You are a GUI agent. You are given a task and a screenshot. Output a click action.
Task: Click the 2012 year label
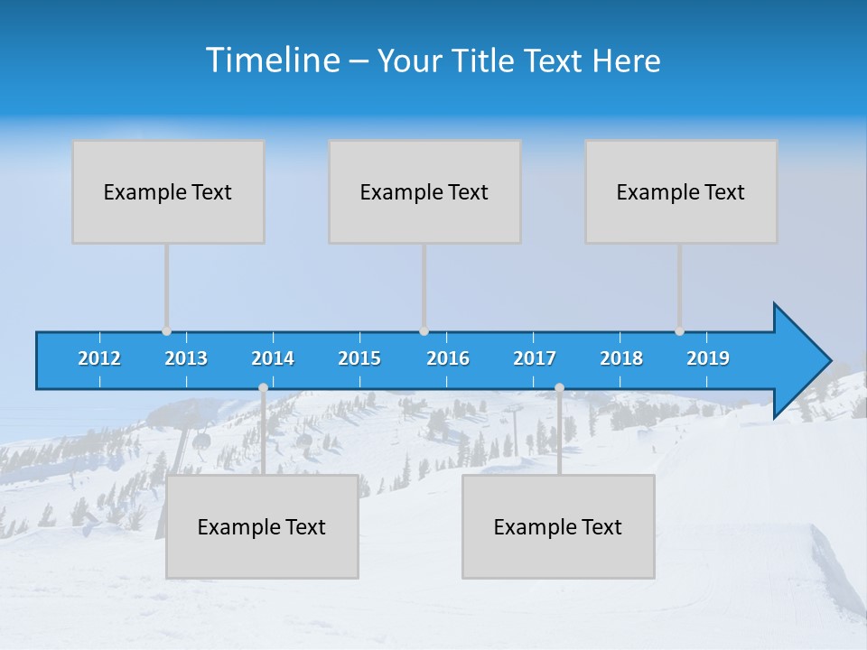coord(99,358)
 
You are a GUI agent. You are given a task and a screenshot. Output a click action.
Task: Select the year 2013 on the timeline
coord(186,358)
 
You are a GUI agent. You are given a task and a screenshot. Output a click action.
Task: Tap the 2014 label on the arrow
coord(273,358)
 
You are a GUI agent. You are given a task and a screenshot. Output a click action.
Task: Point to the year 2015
coord(359,358)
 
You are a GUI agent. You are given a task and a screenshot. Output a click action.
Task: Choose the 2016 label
coord(448,358)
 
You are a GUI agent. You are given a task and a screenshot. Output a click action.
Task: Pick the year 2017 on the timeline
coord(535,358)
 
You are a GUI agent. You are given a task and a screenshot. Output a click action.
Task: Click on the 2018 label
coord(621,358)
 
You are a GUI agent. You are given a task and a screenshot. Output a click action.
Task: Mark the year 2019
coord(708,358)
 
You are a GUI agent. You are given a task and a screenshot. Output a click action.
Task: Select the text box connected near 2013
coord(168,191)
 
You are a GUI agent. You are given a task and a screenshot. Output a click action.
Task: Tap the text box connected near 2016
coord(424,191)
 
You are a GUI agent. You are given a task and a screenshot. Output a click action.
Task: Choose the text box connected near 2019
coord(681,191)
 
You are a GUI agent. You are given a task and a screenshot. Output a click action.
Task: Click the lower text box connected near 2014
coord(262,526)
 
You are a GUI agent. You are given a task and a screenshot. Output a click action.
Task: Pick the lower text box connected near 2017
coord(558,526)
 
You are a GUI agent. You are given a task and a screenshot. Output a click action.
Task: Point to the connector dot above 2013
coord(166,331)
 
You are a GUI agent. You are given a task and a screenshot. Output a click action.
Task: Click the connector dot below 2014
coord(263,388)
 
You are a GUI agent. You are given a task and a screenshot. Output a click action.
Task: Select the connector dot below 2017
coord(559,388)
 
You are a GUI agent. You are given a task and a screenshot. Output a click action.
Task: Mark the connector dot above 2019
coord(679,331)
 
